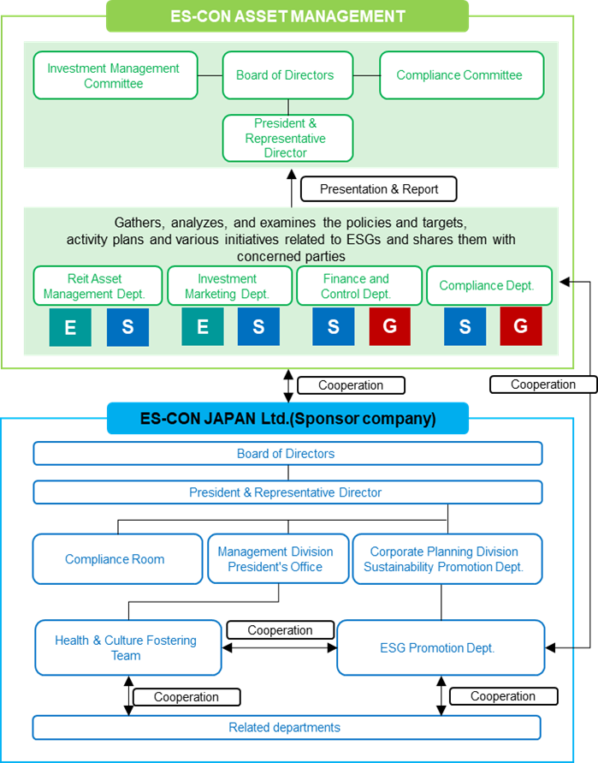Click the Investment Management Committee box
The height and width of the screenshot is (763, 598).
tap(115, 75)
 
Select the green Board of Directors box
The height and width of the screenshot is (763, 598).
tap(286, 75)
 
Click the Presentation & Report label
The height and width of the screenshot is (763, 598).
tap(378, 189)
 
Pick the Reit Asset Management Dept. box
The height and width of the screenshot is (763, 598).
tap(98, 286)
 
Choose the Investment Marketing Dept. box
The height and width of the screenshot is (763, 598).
tap(228, 286)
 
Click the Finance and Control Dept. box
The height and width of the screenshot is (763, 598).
tap(358, 286)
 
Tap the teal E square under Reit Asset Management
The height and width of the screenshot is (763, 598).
tap(69, 327)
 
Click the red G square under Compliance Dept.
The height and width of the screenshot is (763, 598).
tap(520, 327)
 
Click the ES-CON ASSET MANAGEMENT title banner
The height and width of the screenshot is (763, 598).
tap(287, 15)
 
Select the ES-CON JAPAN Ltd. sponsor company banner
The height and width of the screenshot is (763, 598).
tap(287, 419)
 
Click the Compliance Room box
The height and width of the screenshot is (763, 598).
tap(115, 559)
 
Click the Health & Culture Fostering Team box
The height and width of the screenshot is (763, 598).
tap(127, 648)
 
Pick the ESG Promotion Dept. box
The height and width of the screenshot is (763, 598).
tap(441, 648)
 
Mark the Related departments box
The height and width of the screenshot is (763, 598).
tap(287, 727)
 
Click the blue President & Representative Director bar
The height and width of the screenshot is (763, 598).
tap(287, 492)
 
